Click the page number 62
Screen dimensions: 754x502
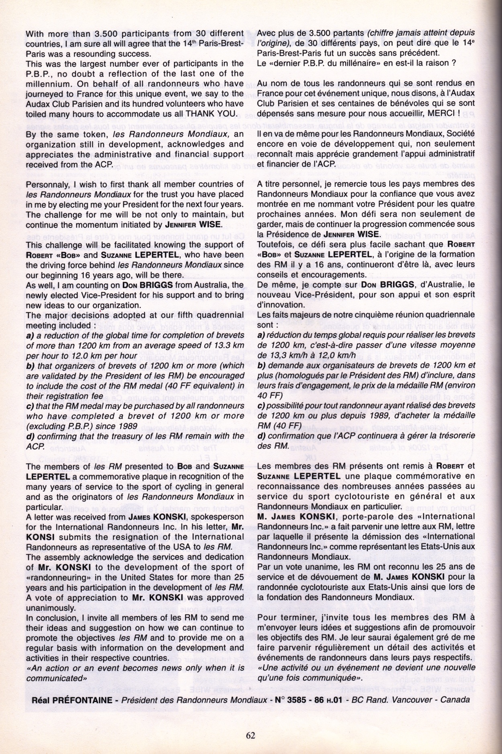point(251,735)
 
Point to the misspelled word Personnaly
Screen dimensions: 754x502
point(46,184)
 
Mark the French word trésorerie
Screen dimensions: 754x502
point(453,436)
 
